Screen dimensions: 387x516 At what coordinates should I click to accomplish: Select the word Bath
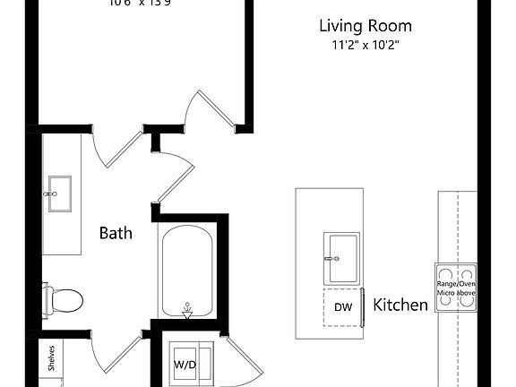116,233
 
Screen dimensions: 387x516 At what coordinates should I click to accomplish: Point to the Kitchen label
400,305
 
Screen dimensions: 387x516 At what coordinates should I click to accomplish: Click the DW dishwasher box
342,307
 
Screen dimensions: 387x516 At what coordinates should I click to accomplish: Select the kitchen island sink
342,253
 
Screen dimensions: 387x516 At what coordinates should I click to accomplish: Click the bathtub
186,269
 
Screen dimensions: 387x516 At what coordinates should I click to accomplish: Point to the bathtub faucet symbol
187,309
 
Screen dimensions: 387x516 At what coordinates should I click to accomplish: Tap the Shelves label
52,357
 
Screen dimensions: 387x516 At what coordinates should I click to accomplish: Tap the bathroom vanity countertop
61,233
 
